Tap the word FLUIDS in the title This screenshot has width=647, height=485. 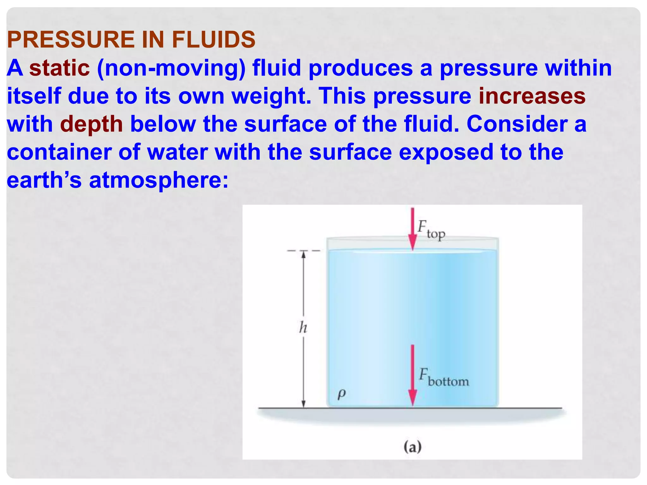213,40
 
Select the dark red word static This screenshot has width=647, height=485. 59,68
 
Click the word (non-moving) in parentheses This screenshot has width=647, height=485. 171,69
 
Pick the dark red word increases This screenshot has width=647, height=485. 532,96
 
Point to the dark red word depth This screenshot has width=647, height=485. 91,124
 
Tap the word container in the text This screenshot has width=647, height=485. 59,152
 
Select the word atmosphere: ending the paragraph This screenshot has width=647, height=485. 159,181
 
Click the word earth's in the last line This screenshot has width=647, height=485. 44,180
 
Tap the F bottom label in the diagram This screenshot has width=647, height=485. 444,378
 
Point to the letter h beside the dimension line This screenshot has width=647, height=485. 303,327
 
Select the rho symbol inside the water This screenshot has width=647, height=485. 342,394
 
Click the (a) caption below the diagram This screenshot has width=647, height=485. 412,447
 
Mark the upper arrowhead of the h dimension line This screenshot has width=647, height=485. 304,254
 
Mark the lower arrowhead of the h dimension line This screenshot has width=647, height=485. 304,404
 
